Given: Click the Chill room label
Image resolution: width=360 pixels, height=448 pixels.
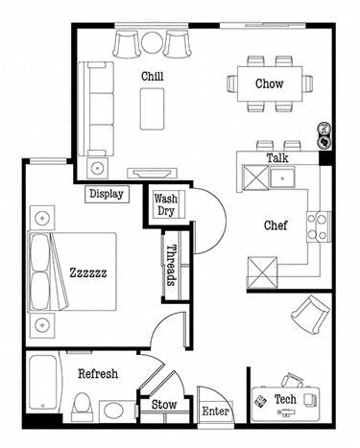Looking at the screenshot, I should tap(151, 76).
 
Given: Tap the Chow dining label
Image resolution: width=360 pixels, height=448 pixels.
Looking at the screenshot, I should tap(269, 83).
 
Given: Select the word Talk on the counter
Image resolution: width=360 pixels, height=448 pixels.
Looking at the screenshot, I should tap(277, 157).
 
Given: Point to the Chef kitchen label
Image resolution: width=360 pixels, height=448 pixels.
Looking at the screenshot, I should tap(277, 226).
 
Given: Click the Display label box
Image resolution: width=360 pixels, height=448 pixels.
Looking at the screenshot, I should tap(107, 194).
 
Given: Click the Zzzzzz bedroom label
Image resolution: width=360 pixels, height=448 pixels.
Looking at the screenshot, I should tap(88, 272).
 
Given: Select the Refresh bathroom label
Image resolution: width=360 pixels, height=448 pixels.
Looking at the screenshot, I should tap(98, 373).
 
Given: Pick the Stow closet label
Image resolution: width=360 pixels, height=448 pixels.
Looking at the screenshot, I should tap(164, 405).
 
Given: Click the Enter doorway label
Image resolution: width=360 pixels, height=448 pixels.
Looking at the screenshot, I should tap(215, 412).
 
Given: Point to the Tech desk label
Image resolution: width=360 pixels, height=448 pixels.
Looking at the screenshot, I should tap(285, 398).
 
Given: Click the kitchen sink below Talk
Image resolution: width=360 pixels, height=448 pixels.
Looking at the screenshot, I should tap(281, 178).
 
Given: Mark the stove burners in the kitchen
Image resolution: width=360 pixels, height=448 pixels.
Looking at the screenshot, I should tap(317, 225).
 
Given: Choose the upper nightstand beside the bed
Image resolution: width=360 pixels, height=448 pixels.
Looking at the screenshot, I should tap(41, 218).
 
